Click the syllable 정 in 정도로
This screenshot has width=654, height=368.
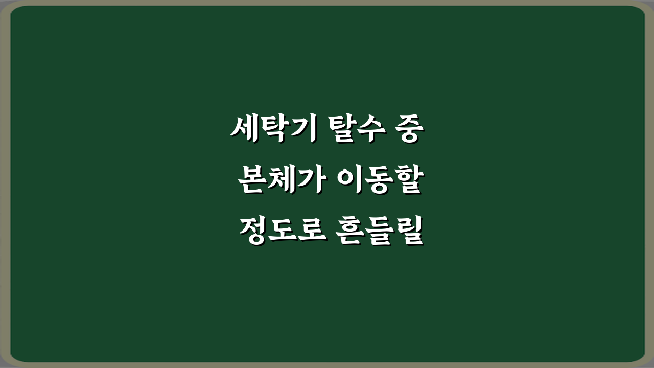(x=251, y=232)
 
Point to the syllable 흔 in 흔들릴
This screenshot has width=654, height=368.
(x=352, y=232)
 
